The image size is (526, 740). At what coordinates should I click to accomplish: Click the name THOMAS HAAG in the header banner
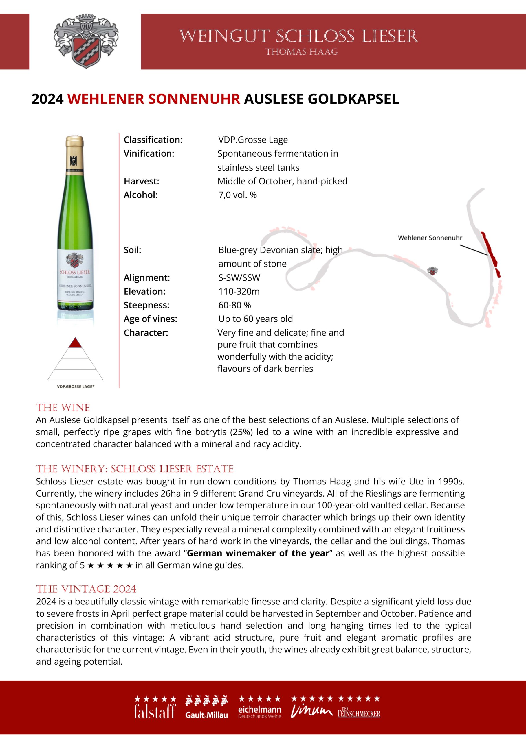[x=301, y=52]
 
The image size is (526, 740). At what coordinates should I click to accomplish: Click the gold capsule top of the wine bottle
[x=74, y=152]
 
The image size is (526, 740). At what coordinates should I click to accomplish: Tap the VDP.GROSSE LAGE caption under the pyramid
[x=76, y=386]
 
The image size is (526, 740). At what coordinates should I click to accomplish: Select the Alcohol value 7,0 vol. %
[x=237, y=195]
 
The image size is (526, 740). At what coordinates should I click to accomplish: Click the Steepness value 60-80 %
[x=234, y=305]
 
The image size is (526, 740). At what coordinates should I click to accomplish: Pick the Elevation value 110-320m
[x=239, y=291]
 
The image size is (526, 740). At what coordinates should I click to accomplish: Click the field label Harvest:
[x=141, y=181]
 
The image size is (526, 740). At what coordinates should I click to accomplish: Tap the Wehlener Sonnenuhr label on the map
[x=430, y=238]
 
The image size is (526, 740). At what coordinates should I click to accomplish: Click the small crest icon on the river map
[x=432, y=271]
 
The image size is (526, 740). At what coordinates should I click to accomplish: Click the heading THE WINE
[x=63, y=408]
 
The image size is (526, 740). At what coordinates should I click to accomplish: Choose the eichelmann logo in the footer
[x=259, y=712]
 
